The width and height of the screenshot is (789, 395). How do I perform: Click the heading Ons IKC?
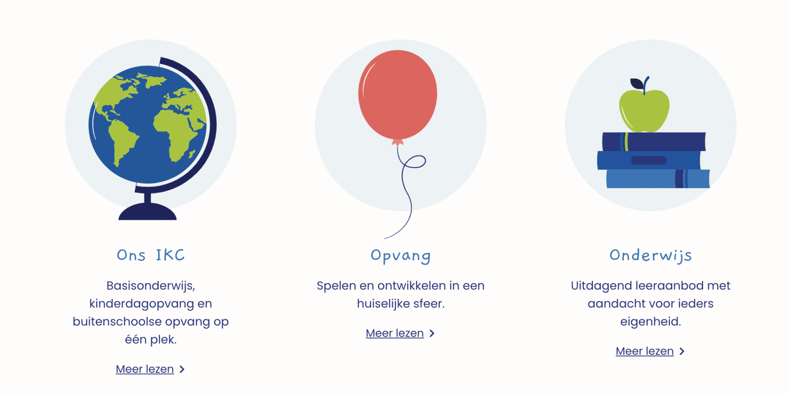click(151, 255)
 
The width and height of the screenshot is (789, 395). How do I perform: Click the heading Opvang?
click(401, 256)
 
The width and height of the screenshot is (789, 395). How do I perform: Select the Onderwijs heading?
click(651, 256)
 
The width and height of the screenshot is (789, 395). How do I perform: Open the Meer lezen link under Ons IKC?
click(145, 369)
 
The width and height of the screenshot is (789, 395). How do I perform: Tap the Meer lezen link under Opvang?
click(394, 333)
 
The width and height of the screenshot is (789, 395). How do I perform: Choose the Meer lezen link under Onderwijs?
click(644, 351)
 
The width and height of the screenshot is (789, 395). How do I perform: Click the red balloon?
click(397, 95)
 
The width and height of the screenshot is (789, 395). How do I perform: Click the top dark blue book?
click(654, 142)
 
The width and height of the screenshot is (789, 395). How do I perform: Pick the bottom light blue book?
click(658, 179)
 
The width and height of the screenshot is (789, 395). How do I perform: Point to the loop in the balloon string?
click(414, 161)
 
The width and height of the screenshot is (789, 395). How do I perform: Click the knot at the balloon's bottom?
click(397, 142)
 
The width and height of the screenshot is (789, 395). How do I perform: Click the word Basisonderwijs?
click(151, 286)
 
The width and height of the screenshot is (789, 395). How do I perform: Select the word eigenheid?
click(651, 322)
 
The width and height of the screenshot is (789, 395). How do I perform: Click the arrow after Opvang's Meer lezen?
click(432, 333)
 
